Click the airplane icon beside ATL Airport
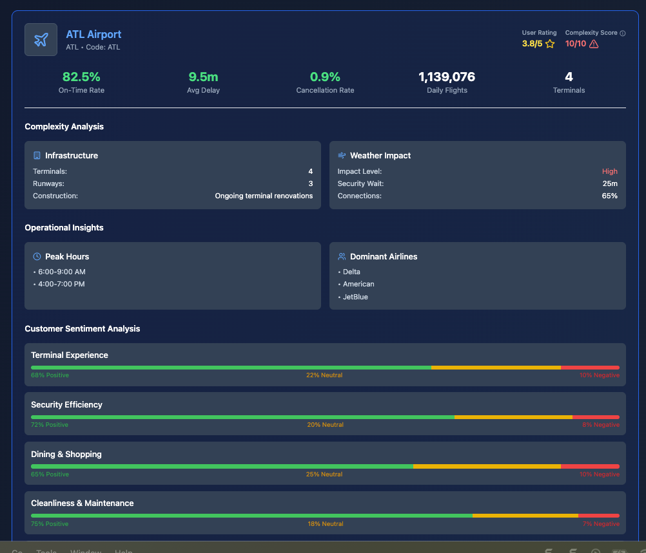tap(41, 40)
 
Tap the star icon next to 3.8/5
tap(550, 44)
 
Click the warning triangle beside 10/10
tap(594, 44)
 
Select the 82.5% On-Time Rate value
tap(81, 77)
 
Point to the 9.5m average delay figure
tap(203, 77)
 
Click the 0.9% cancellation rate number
tap(325, 77)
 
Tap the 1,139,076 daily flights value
tap(447, 77)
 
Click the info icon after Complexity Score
tap(622, 33)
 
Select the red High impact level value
tap(609, 171)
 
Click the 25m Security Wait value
tap(610, 183)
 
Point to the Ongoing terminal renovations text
tap(264, 196)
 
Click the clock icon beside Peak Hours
tap(37, 256)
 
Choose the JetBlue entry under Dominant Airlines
tap(355, 297)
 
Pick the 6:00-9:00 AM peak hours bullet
tap(61, 272)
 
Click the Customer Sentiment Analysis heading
tap(82, 328)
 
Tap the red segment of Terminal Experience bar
tap(590, 368)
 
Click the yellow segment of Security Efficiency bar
tap(513, 417)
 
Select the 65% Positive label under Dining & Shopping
tap(50, 474)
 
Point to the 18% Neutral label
tap(326, 524)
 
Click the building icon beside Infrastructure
tap(37, 155)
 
